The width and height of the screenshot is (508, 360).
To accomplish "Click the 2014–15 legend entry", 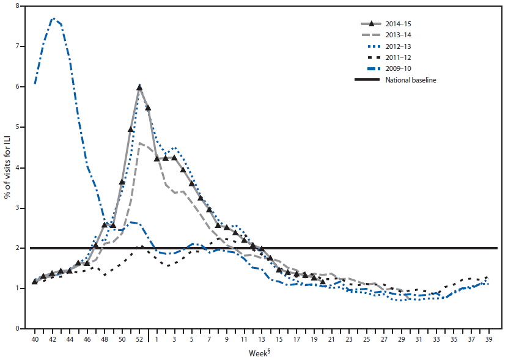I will click(x=399, y=24).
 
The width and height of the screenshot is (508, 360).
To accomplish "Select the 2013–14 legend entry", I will click(x=399, y=35).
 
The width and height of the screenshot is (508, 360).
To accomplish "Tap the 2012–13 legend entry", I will click(x=399, y=46).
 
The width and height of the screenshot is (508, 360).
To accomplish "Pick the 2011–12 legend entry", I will click(x=399, y=57).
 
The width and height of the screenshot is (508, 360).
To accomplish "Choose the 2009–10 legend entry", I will click(x=399, y=68).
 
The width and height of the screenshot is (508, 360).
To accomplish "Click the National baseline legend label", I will click(x=410, y=79).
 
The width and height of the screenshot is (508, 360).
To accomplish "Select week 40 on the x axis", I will click(x=35, y=339).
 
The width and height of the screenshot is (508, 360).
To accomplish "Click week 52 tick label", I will click(x=139, y=339).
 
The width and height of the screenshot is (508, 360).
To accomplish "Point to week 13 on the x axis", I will click(x=261, y=339).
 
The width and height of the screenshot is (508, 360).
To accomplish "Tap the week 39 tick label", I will click(x=487, y=339).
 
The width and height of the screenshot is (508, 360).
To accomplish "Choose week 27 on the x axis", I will click(x=383, y=339).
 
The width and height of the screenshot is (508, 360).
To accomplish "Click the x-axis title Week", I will click(x=260, y=353).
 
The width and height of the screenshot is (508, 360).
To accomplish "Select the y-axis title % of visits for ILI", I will click(x=8, y=166).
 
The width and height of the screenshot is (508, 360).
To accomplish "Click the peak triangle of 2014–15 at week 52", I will click(x=139, y=87).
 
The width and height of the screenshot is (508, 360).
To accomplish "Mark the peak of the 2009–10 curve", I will click(x=54, y=19).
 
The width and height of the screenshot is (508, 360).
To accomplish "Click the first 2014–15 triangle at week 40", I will click(x=35, y=281).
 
